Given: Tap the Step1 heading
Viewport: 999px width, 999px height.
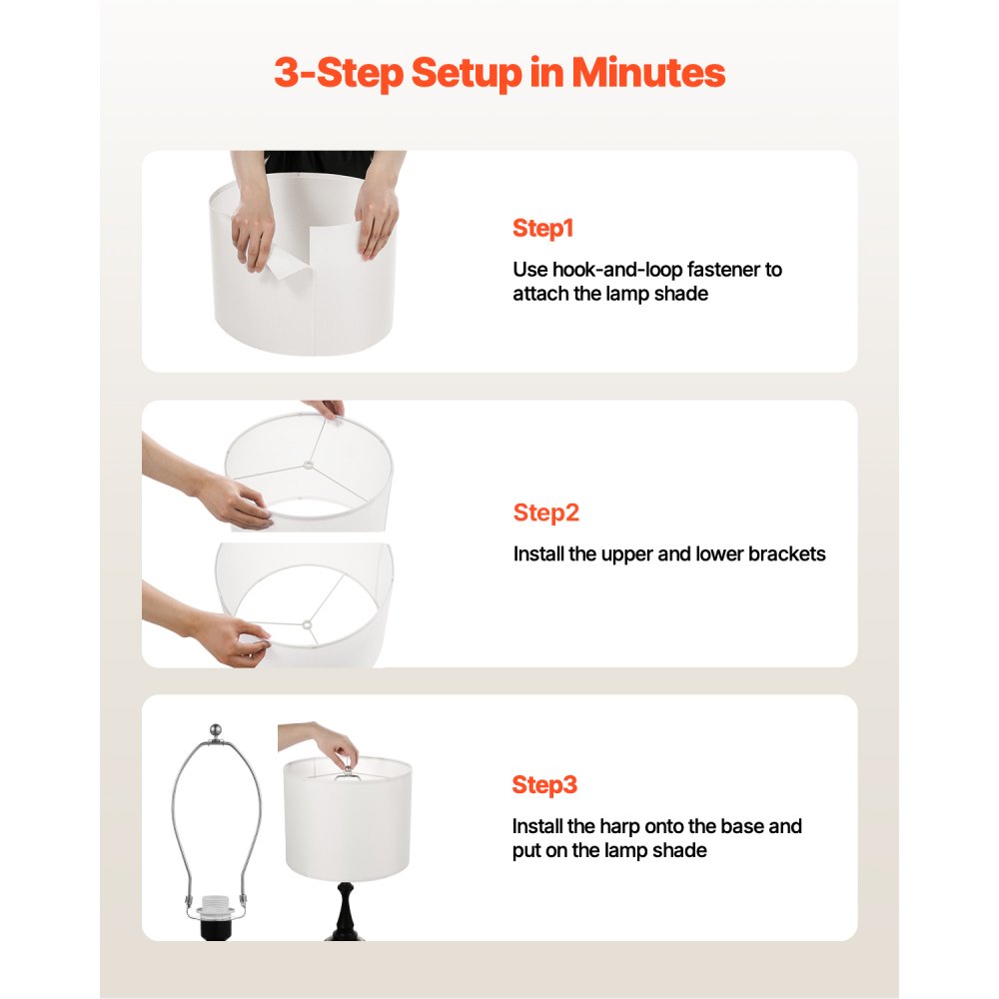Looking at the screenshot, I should (x=542, y=228).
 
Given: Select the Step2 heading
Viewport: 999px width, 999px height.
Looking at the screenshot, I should (x=545, y=512).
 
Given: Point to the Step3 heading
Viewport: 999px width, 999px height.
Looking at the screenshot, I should (x=544, y=784).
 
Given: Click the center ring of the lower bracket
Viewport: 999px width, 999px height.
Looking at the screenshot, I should (x=309, y=625).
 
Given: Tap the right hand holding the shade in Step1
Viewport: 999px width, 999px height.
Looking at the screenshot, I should (x=378, y=217).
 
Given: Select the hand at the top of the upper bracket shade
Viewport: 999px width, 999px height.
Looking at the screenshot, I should (x=326, y=409).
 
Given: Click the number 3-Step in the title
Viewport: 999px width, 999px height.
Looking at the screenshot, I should (x=338, y=74).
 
